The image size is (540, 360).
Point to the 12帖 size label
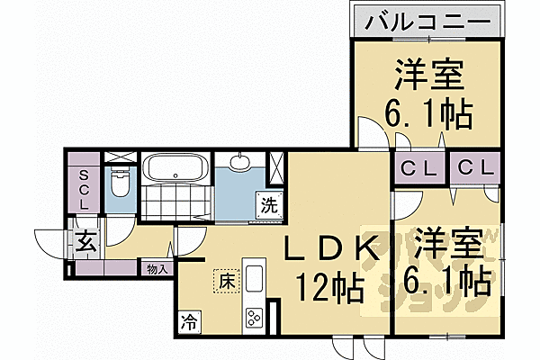329,289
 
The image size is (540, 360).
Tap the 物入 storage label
157,267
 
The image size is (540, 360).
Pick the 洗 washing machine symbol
269,203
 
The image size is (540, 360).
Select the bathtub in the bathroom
176,167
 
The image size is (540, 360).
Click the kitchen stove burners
254,317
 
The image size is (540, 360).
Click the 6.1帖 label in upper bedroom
428,115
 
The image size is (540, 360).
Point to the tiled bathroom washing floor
175,198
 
